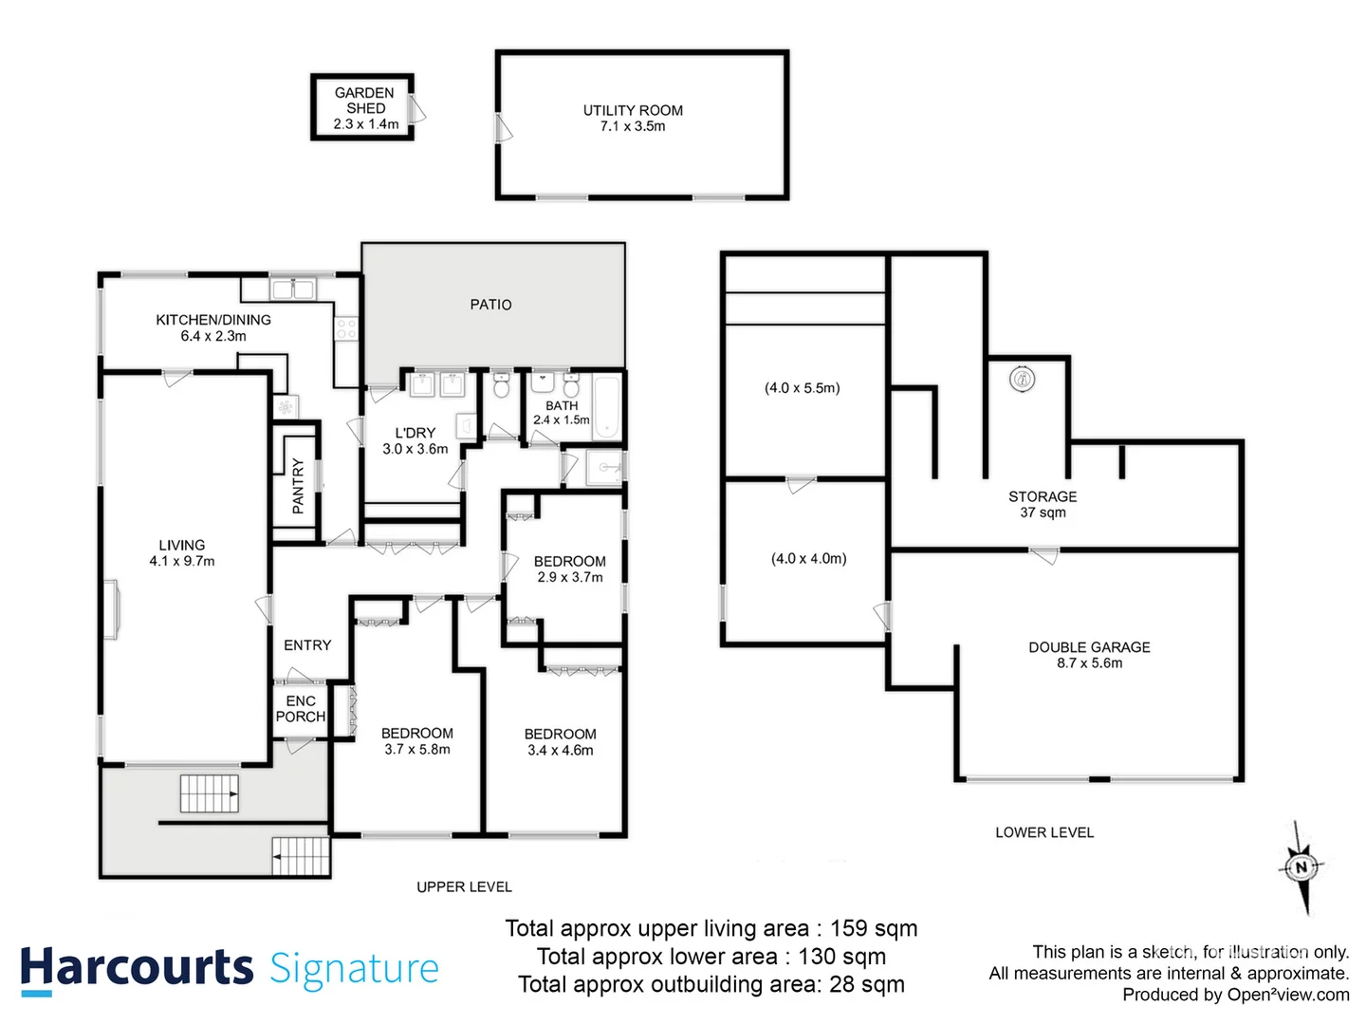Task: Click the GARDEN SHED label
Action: (364, 101)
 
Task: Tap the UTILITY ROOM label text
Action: (633, 111)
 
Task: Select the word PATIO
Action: (490, 305)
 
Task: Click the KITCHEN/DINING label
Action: (213, 320)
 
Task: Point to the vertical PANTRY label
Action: (298, 486)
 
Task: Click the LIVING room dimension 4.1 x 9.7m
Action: (182, 561)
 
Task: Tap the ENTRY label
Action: (307, 645)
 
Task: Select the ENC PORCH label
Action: (301, 709)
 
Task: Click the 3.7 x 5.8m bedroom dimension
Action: (417, 750)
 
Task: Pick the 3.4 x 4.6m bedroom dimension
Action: (561, 751)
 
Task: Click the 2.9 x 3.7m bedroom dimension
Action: (570, 577)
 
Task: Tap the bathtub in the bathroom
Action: (606, 408)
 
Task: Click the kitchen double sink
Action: (292, 289)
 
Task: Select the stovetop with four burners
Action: (346, 329)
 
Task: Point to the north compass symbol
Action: (1301, 867)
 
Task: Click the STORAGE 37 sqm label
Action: (1043, 504)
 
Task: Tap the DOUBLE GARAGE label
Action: (1089, 647)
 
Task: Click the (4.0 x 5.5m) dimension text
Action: (803, 388)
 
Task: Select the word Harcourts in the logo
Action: (137, 968)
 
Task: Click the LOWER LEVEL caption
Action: (1044, 832)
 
